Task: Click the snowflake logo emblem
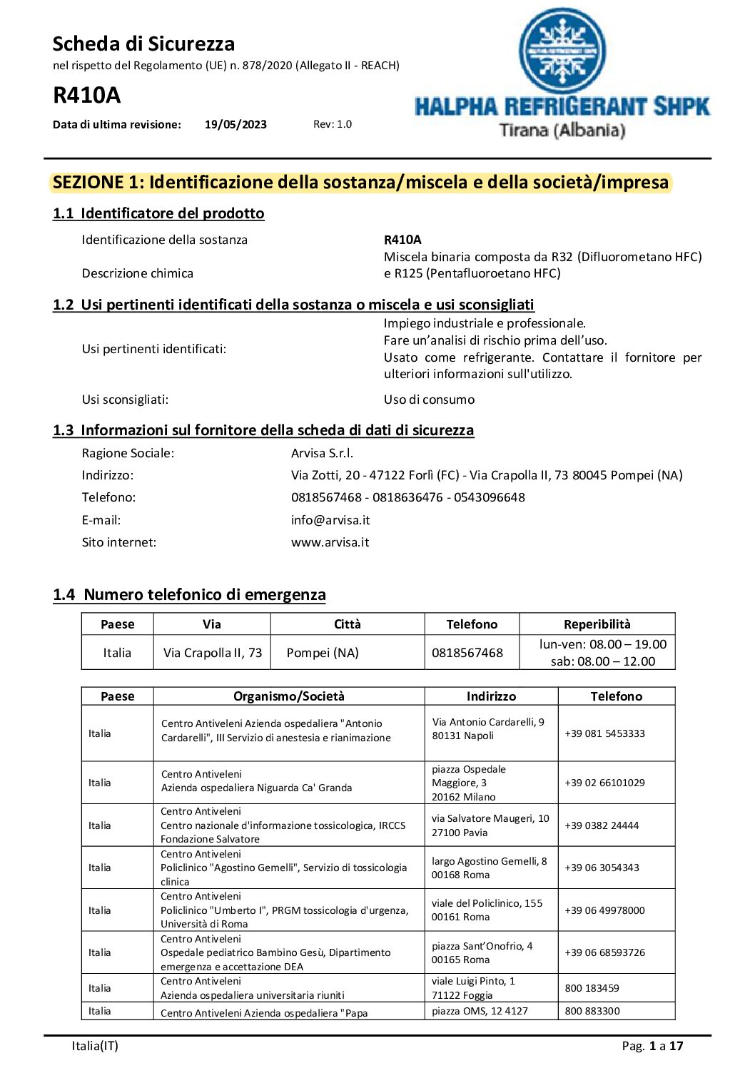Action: tap(562, 51)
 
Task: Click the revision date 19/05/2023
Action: tap(235, 124)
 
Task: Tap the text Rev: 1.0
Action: tap(333, 124)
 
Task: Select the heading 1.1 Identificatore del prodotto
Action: tap(158, 213)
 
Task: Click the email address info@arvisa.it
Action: tap(330, 520)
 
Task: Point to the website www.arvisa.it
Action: tap(330, 542)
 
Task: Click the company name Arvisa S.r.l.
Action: tap(322, 453)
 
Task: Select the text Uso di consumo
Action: tap(429, 400)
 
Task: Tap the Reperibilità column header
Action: tap(597, 624)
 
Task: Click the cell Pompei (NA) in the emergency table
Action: tap(323, 653)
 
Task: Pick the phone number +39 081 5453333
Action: tap(604, 733)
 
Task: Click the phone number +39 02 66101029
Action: tap(604, 783)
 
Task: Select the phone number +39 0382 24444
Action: tap(602, 825)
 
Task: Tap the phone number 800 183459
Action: tap(592, 988)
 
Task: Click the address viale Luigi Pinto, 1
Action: tap(473, 982)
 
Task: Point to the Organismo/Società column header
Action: tap(288, 696)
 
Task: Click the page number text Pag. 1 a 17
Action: tap(652, 1046)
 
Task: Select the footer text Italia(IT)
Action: tap(95, 1046)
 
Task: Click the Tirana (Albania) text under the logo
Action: tap(562, 131)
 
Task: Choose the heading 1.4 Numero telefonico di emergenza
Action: tap(189, 594)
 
